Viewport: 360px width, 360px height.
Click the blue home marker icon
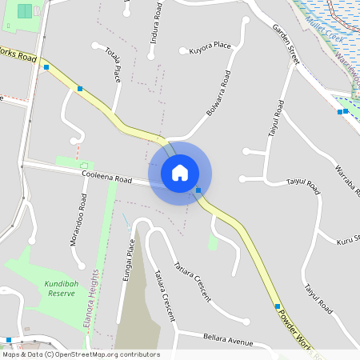pyautogui.click(x=180, y=173)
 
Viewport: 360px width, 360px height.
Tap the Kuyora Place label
pyautogui.click(x=210, y=48)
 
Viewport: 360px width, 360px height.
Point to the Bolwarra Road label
pyautogui.click(x=218, y=94)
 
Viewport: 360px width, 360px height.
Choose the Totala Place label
pyautogui.click(x=113, y=64)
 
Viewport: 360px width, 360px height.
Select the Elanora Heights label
pyautogui.click(x=98, y=305)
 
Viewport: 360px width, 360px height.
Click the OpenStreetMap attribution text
pyautogui.click(x=82, y=354)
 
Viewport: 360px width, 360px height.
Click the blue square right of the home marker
pyautogui.click(x=198, y=190)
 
